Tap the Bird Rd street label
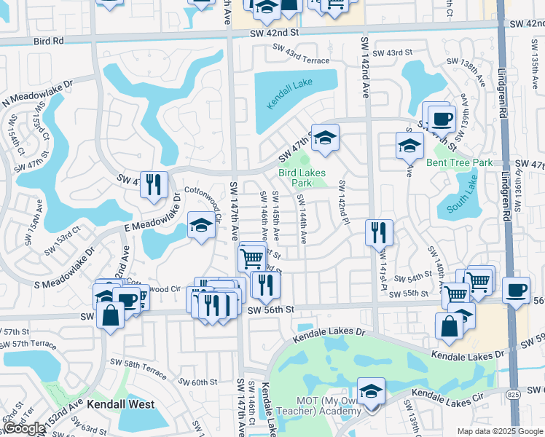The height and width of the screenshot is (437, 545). point(48,42)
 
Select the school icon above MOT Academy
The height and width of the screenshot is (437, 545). point(372,391)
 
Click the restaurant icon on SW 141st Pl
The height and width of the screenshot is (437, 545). point(379,232)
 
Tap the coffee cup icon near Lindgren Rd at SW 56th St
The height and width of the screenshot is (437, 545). point(516,290)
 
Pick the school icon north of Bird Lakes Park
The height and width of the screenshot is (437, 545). point(325,136)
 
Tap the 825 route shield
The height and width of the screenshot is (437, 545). point(513,394)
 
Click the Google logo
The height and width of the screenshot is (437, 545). point(25,428)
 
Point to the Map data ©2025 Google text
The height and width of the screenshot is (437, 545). point(499,431)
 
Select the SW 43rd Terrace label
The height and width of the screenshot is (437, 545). point(302,55)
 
